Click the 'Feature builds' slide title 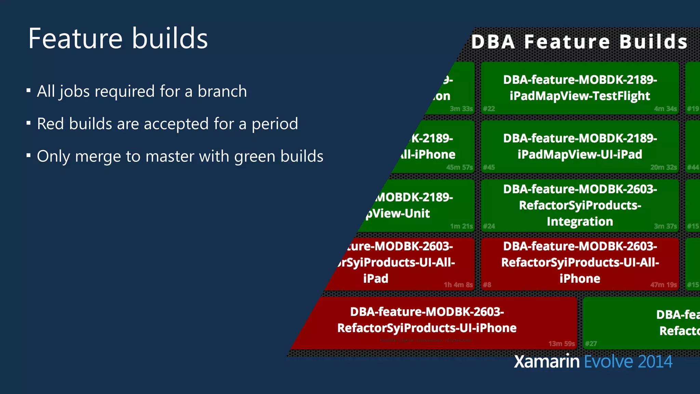coord(118,39)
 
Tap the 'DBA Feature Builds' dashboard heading coord(579,42)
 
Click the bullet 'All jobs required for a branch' coord(142,91)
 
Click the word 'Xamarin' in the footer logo coord(547,362)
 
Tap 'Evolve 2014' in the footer coord(628,362)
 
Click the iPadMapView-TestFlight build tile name coord(580,88)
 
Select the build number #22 coord(489,109)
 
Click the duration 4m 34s coord(665,109)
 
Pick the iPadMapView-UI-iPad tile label coord(580,146)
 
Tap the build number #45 coord(489,167)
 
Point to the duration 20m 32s coord(663,167)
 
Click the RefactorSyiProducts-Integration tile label coord(580,205)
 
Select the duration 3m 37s coord(665,226)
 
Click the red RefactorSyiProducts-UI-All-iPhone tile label coord(580,262)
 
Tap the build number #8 coord(487,285)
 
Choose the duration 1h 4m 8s coord(458,285)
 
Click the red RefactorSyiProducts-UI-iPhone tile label coord(427,320)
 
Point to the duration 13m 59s coord(562,343)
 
